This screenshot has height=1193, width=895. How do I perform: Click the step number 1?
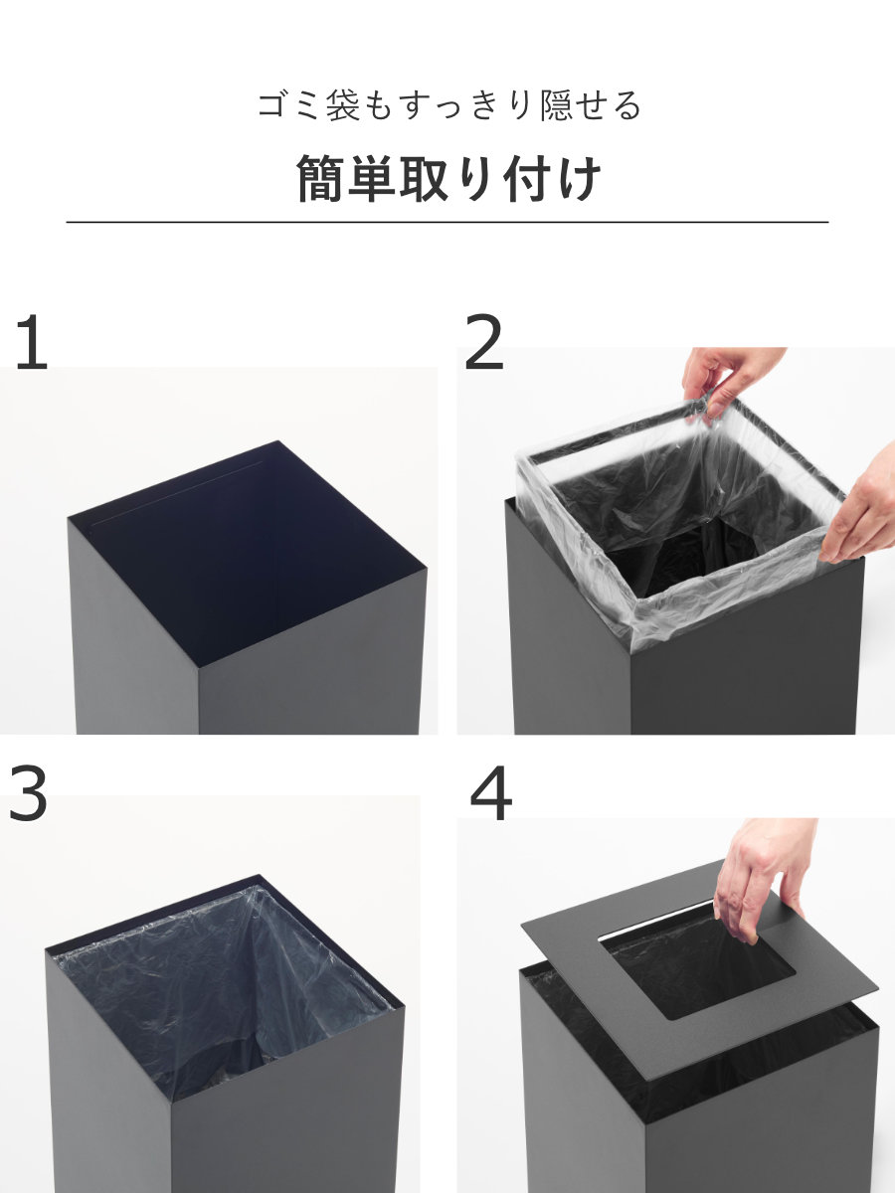pos(33,342)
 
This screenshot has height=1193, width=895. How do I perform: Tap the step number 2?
pos(484,342)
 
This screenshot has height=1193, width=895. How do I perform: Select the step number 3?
pos(28,792)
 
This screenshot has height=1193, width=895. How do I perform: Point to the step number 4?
pos(490,792)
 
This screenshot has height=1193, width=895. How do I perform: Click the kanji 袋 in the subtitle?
pos(343,105)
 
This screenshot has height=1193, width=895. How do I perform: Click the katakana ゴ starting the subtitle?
pos(272,105)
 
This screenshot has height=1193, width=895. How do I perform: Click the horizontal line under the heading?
pos(447,222)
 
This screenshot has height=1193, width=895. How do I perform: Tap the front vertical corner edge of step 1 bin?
pos(199,701)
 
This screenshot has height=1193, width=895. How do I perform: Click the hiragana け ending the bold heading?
pos(580,178)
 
